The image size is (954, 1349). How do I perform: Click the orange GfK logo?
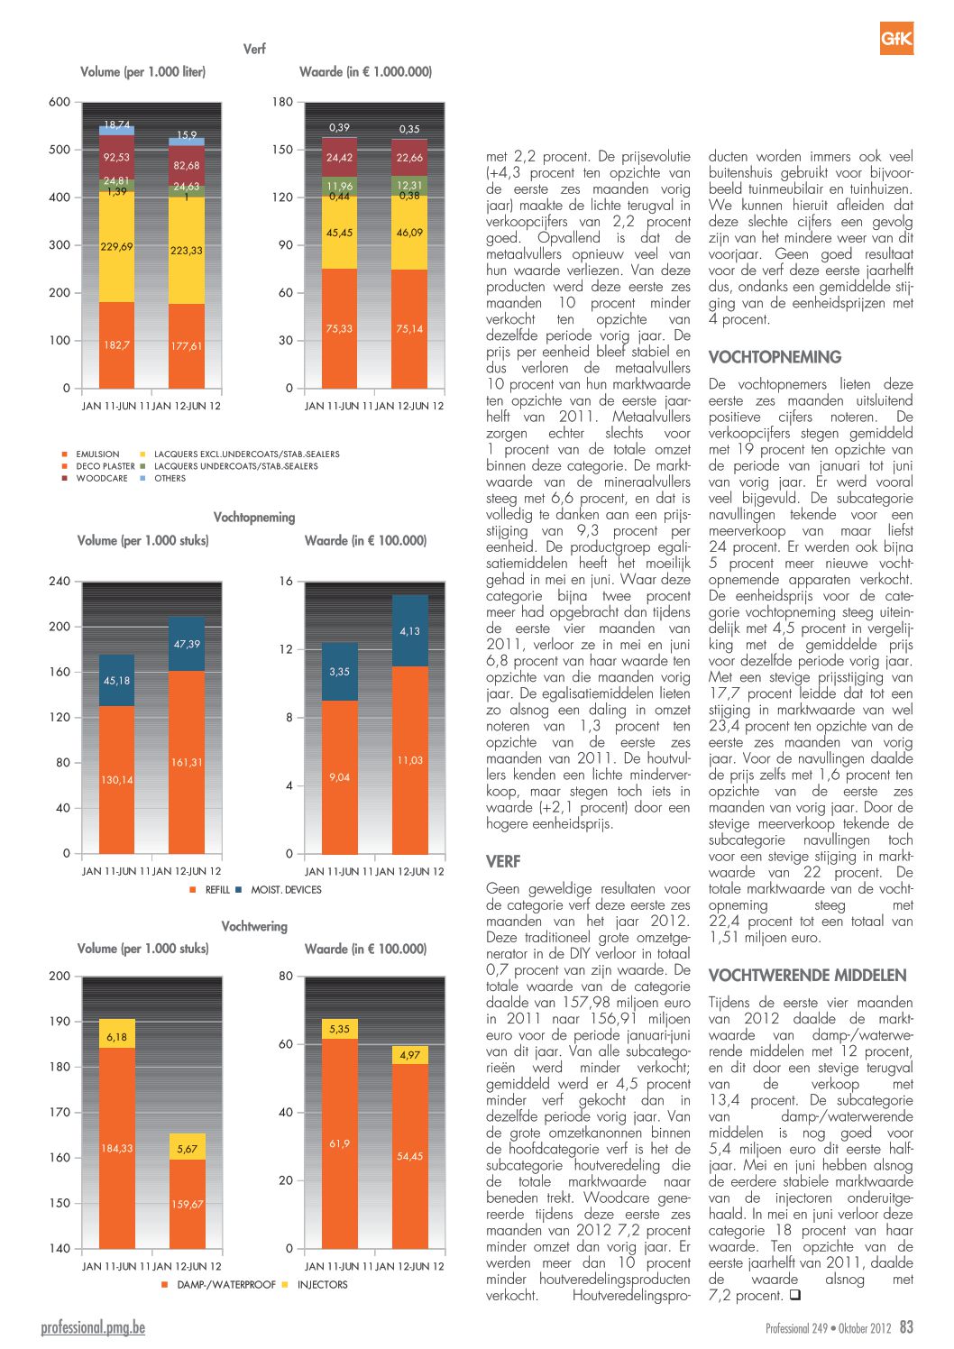896,38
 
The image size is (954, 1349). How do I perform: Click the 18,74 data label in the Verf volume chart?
116,124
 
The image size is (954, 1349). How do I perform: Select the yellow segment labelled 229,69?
116,247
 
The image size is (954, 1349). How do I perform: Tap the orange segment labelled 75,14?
409,329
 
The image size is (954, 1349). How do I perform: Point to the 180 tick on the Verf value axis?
282,102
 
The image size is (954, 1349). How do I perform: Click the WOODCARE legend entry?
96,478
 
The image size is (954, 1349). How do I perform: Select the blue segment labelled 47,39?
187,644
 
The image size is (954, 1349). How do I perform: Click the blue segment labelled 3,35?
340,672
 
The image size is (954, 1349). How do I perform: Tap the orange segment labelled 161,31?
187,763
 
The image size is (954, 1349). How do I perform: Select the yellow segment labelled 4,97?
410,1055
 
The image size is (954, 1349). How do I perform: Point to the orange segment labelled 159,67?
188,1204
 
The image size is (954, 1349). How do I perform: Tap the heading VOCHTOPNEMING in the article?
775,357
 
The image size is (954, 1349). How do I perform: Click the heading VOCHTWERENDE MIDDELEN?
807,976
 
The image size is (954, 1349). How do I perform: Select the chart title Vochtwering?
254,926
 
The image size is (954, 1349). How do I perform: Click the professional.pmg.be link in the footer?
93,1327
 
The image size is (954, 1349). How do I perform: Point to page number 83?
906,1326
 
